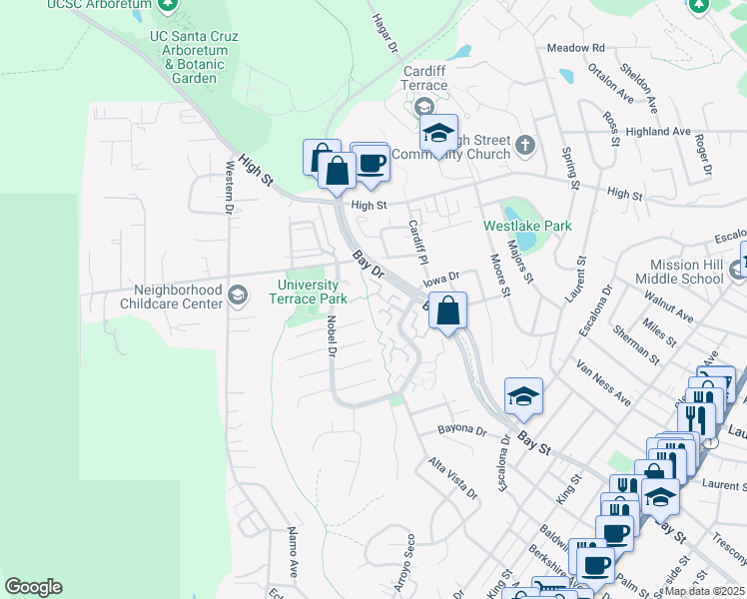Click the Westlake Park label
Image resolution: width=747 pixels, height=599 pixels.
pyautogui.click(x=527, y=226)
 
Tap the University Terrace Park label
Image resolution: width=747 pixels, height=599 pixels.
pyautogui.click(x=312, y=292)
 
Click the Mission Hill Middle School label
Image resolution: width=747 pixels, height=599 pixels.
pyautogui.click(x=679, y=273)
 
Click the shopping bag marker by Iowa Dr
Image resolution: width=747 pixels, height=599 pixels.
pyautogui.click(x=449, y=309)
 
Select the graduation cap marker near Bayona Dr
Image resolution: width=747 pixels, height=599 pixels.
pyautogui.click(x=522, y=396)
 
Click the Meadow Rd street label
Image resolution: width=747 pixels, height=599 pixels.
pyautogui.click(x=576, y=47)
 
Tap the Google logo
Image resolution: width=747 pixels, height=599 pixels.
pyautogui.click(x=33, y=587)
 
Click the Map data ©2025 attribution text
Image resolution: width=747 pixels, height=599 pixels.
pyautogui.click(x=704, y=591)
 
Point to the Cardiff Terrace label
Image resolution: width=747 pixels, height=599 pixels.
pyautogui.click(x=424, y=78)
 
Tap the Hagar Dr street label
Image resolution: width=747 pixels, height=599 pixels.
pyautogui.click(x=384, y=34)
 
